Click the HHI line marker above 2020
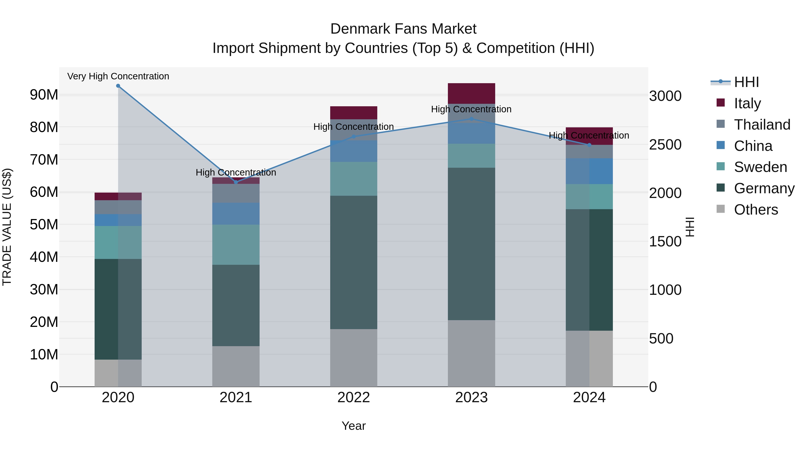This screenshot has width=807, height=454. tap(118, 86)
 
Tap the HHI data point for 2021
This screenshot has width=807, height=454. tap(236, 182)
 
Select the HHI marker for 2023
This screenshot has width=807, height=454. tap(471, 119)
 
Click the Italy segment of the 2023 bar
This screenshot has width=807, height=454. tap(471, 93)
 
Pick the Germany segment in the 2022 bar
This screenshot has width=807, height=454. tap(354, 262)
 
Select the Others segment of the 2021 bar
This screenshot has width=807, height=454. tap(236, 366)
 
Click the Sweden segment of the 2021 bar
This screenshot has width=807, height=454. tap(236, 245)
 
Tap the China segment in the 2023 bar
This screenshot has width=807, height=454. tap(471, 133)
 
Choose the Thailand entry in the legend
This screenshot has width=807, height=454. tap(762, 125)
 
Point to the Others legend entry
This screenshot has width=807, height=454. tap(756, 210)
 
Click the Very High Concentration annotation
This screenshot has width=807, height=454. tap(118, 76)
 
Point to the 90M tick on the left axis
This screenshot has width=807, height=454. tap(44, 95)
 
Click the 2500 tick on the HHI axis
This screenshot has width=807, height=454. tap(665, 145)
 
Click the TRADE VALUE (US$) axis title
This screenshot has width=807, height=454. tap(7, 227)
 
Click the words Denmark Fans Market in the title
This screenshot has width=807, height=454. tap(403, 29)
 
